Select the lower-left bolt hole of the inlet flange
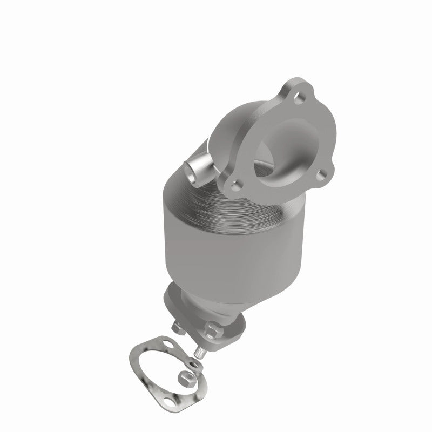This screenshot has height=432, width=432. [x=233, y=186]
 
